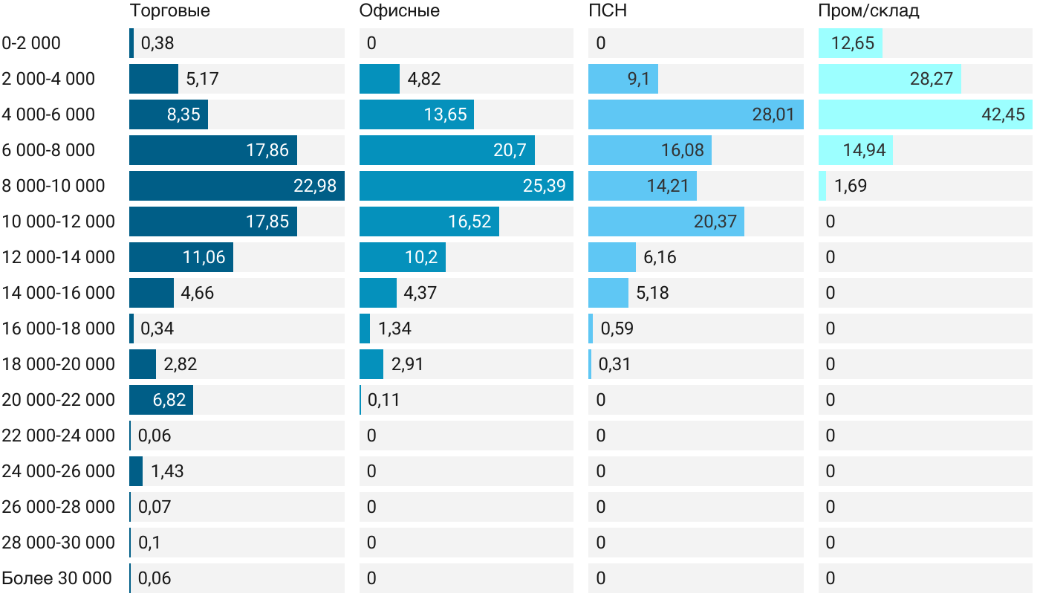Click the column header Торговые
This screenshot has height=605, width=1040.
pos(169,11)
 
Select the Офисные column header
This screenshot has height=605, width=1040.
pos(399,11)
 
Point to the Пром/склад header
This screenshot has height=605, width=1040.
pos(868,11)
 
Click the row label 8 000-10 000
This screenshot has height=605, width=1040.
pos(53,186)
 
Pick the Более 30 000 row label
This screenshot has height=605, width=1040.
pos(56,578)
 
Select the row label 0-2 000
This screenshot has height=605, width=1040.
pos(31,43)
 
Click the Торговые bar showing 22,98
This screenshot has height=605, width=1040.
pos(236,186)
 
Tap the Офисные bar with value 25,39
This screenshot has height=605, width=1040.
pos(466,186)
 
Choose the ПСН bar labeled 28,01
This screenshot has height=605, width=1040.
pos(695,114)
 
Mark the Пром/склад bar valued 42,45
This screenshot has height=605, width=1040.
pos(925,114)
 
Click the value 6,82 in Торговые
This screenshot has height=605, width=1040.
pos(169,400)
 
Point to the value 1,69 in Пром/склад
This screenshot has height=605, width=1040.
pos(851,186)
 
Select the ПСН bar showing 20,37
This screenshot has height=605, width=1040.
pos(666,221)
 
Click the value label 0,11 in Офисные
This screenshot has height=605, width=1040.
pos(383,400)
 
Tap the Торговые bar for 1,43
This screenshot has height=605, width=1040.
pos(136,471)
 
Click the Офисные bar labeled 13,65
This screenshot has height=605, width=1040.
pos(416,114)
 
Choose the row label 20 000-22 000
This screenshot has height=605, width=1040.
pos(59,400)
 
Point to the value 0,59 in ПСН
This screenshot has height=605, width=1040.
pos(617,329)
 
